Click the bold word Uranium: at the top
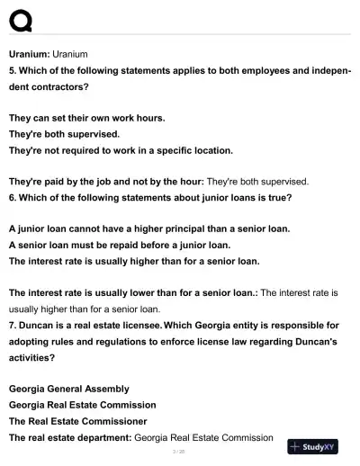(x=30, y=55)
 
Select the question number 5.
(x=12, y=71)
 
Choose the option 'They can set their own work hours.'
(x=86, y=118)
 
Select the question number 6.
(x=12, y=197)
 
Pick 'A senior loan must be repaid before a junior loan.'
(x=120, y=245)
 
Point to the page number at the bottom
(x=179, y=452)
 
